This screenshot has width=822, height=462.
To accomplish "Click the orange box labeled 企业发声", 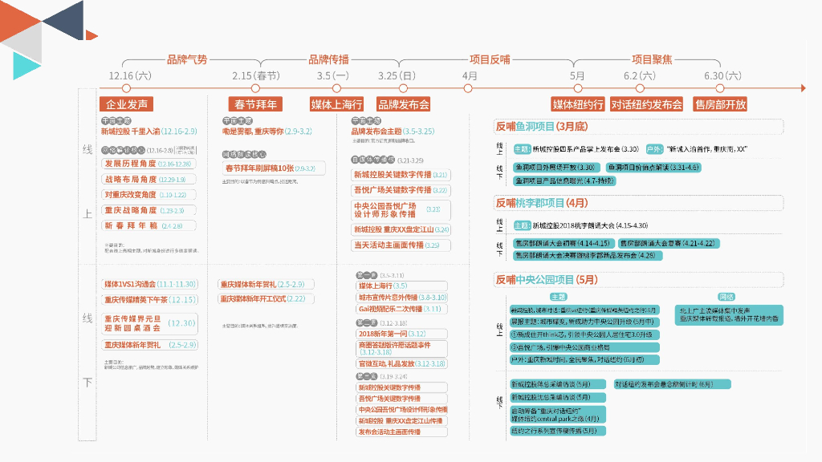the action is click(127, 104).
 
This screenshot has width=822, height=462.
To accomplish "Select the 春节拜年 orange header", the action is click(255, 104).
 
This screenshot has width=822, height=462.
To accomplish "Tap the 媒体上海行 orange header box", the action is click(337, 104).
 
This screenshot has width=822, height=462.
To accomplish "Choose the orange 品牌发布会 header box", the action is click(404, 104).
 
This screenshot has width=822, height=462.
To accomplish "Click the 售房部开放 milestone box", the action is click(720, 104).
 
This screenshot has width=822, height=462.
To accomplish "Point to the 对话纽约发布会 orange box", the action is click(646, 104).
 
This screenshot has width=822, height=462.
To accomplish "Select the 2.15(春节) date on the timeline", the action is click(256, 75).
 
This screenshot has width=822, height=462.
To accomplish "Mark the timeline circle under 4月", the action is click(470, 88).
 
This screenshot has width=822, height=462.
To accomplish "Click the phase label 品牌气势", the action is click(187, 59).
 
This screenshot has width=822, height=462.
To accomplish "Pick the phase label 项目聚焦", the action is click(652, 59).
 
